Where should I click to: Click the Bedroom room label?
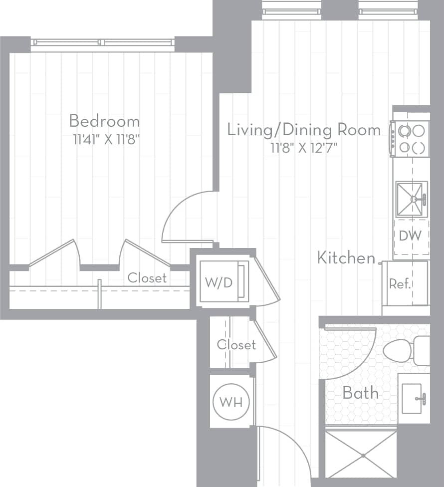coord(104,121)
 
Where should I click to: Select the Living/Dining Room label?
coord(304,130)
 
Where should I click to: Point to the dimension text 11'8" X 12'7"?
coord(304,148)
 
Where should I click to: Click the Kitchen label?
coord(346,258)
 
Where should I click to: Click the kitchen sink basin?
coord(412,199)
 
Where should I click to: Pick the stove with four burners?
coord(411,139)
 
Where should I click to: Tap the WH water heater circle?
coord(231,402)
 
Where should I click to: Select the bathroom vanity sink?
coord(414,399)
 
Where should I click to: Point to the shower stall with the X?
coord(361,455)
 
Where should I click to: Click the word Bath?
coord(360,393)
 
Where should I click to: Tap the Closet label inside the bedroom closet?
coord(147,277)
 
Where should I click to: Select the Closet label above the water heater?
coord(236,344)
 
